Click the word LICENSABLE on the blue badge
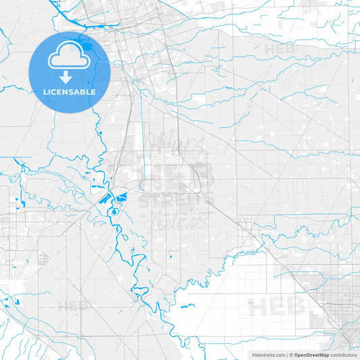tap(70, 92)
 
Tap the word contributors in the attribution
tap(343, 354)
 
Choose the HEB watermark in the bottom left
tap(72, 305)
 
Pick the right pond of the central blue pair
tap(122, 198)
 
